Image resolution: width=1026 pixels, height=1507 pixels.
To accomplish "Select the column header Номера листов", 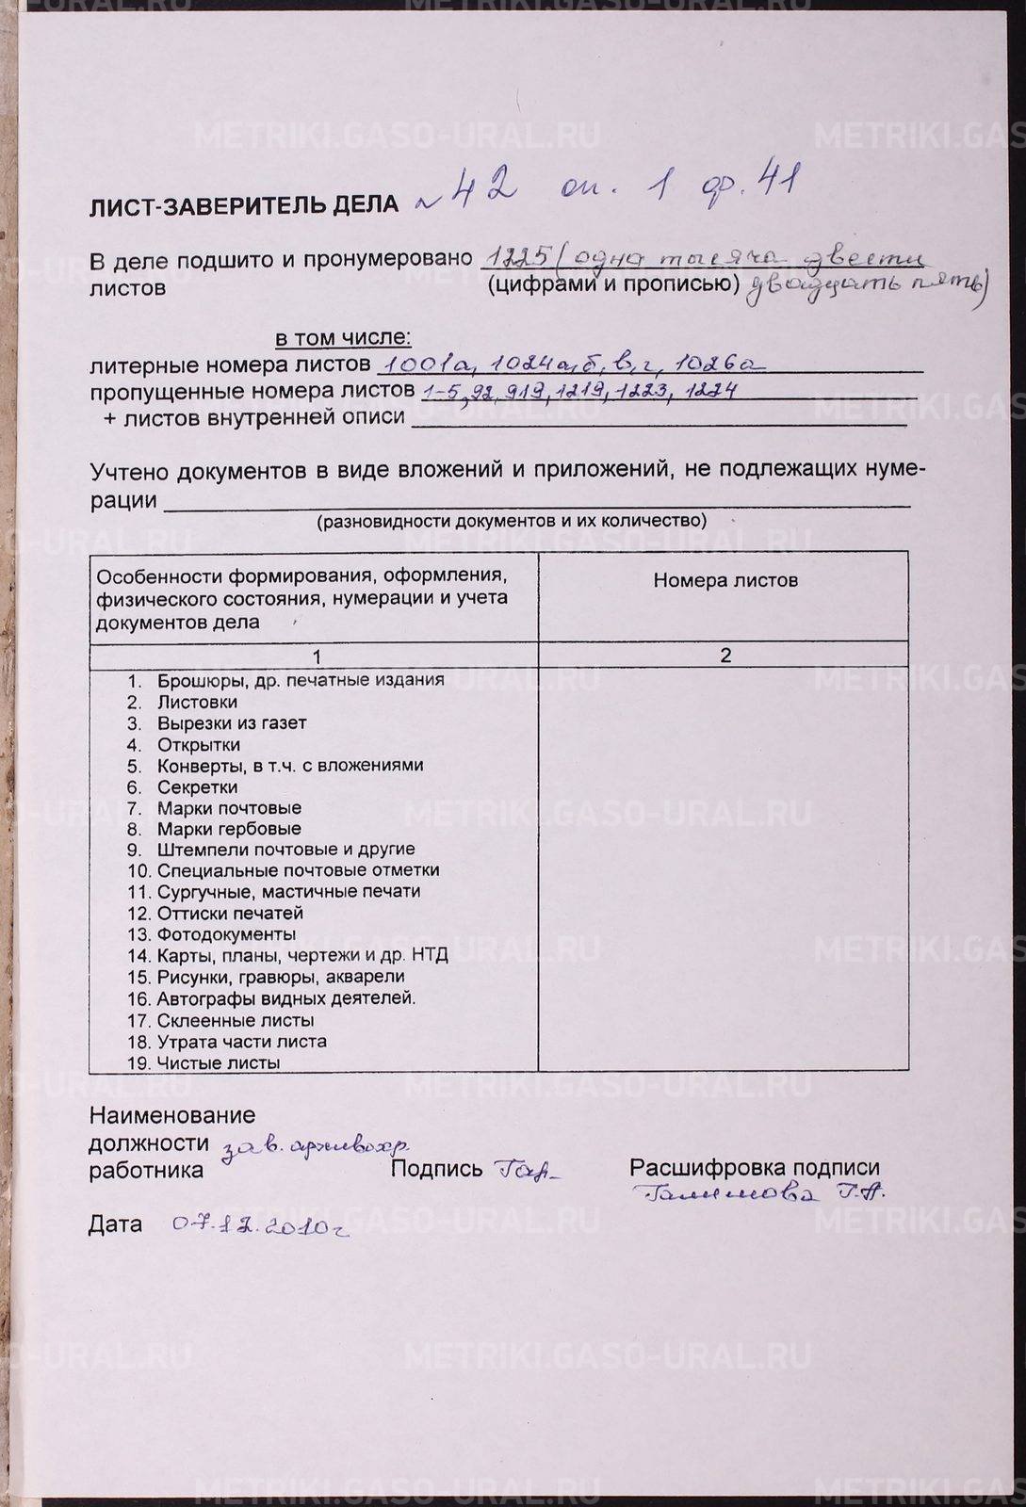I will coord(725,580).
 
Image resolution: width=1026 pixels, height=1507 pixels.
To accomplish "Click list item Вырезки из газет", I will coord(231,723).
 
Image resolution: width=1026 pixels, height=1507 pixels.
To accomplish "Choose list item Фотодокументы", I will coord(226,934).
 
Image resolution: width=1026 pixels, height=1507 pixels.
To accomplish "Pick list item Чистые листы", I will coord(219,1063).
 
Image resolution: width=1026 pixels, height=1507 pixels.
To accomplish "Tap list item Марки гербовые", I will coord(229,829).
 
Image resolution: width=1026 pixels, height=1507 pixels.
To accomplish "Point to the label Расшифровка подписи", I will coord(754,1168).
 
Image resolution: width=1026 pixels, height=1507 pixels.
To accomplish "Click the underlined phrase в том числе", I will coord(343,337).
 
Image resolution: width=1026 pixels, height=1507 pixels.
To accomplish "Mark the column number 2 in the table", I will coord(725,656).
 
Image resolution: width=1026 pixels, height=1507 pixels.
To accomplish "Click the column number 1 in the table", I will coord(318,656).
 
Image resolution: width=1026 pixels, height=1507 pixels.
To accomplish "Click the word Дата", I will coord(116,1224).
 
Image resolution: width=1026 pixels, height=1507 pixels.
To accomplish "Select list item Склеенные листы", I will coord(236,1020).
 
